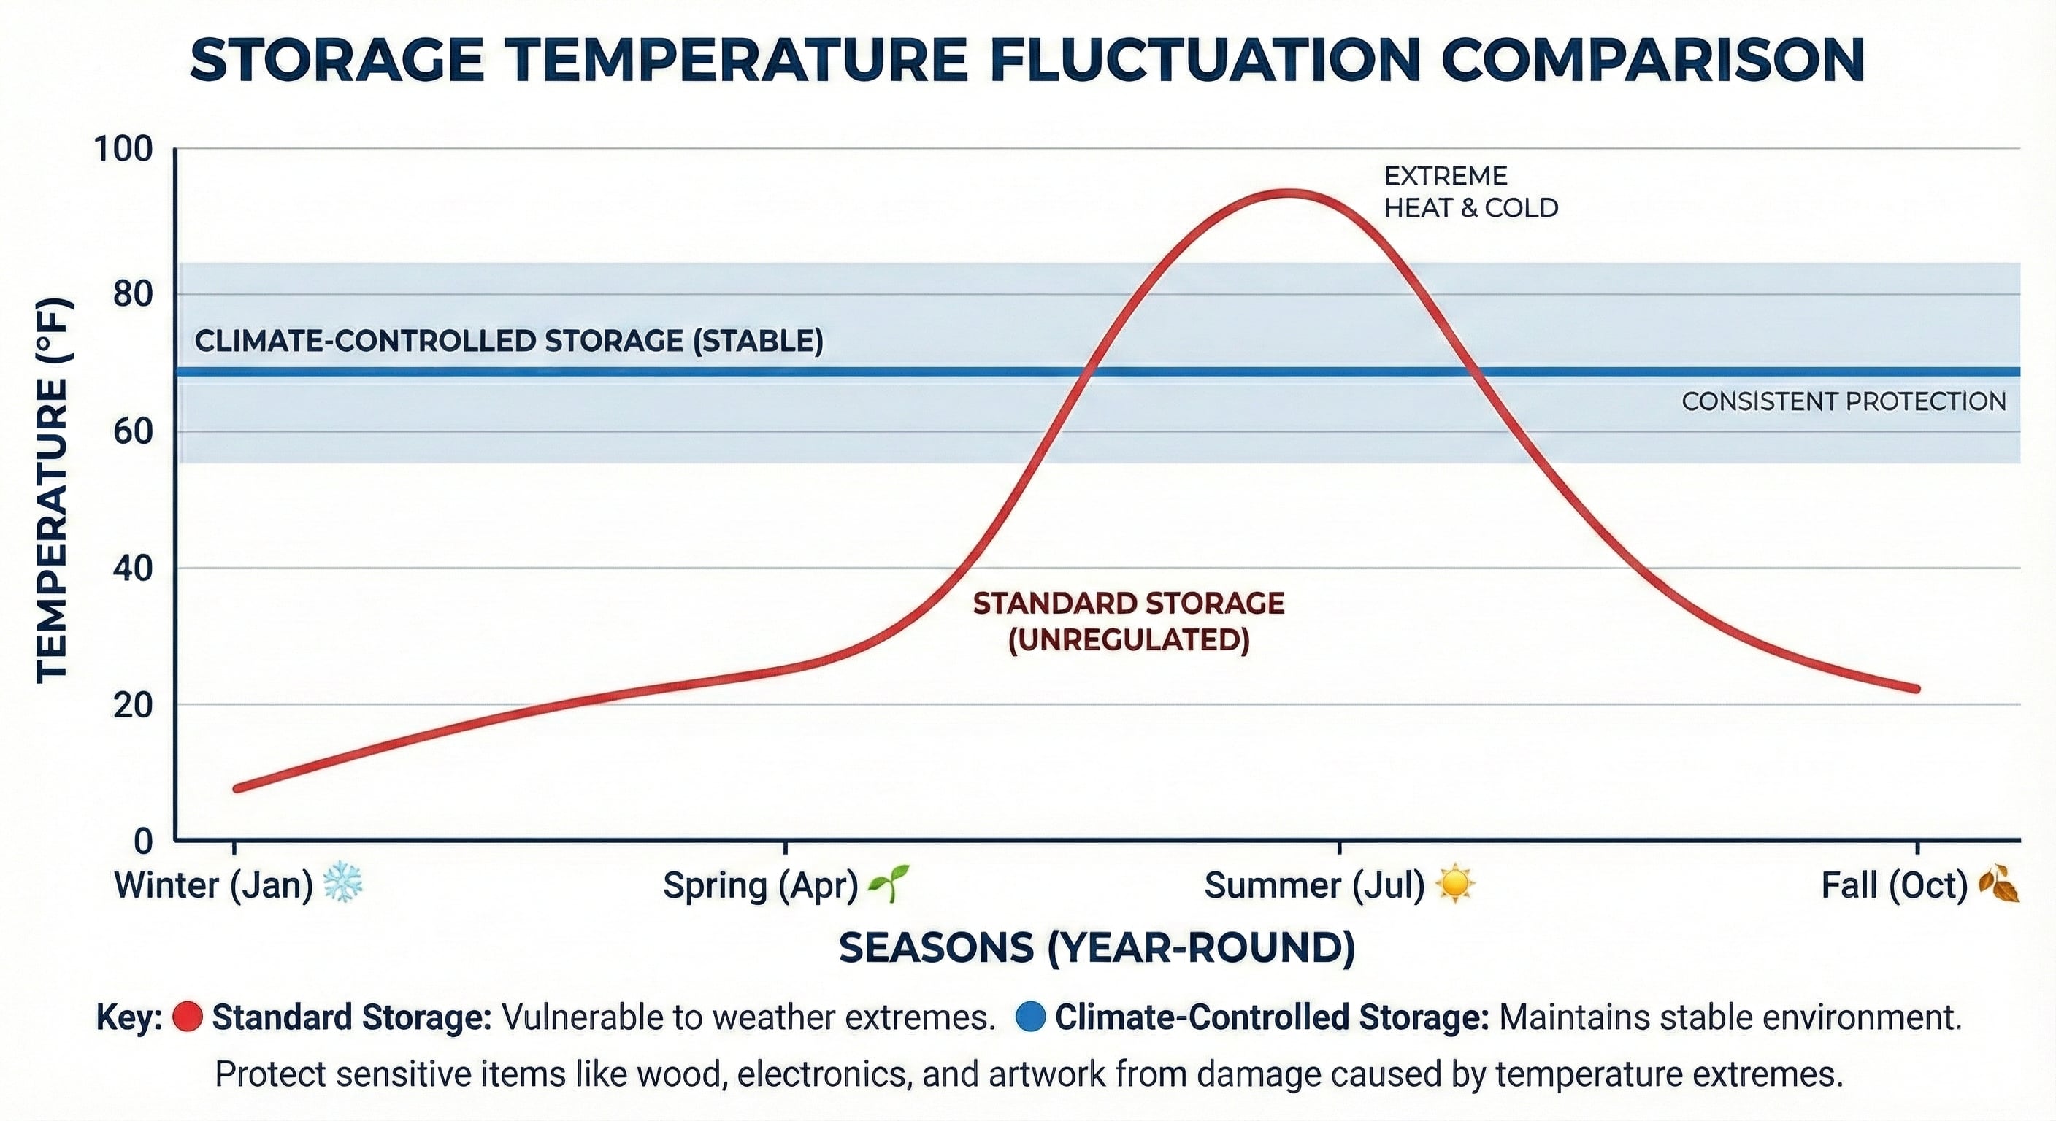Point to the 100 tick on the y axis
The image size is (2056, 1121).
123,149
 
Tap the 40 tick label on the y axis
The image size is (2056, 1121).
132,569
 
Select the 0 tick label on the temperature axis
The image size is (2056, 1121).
143,841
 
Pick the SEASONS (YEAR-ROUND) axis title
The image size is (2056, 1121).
1097,948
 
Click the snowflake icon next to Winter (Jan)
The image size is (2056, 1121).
342,882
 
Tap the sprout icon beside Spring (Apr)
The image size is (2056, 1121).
888,882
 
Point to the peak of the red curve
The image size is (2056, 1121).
1286,193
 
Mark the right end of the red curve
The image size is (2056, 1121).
1917,688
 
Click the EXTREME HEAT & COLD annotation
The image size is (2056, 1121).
1470,192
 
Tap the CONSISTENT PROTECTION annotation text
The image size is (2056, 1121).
1844,401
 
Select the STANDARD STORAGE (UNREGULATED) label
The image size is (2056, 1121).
1129,622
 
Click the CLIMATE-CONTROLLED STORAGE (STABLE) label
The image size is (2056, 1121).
509,341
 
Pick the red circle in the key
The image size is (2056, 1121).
188,1017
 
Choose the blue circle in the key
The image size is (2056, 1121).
1030,1017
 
